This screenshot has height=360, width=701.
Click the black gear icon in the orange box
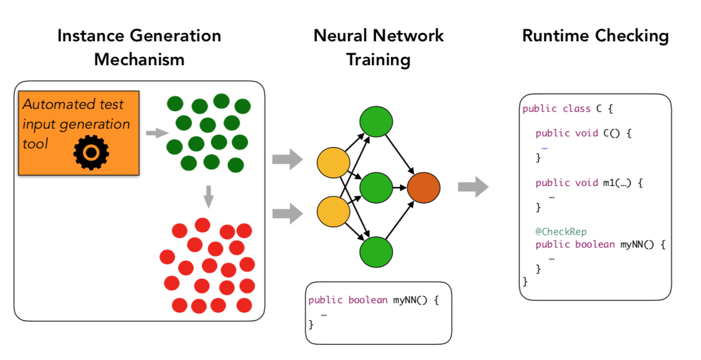[x=91, y=153]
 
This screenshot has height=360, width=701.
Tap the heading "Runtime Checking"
[x=596, y=36]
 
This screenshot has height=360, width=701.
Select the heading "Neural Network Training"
[x=378, y=47]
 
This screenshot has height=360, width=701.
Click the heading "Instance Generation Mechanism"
[x=139, y=47]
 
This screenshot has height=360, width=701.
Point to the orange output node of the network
[x=423, y=188]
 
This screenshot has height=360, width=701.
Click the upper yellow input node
[x=333, y=163]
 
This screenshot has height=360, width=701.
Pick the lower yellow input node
[x=333, y=212]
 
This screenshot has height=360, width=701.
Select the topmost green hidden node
[x=376, y=121]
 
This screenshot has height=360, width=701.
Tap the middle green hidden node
[x=376, y=187]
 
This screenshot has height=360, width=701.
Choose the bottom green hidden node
[x=376, y=252]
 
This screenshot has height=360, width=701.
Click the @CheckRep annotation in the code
[x=560, y=231]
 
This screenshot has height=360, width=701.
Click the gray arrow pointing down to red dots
[x=208, y=196]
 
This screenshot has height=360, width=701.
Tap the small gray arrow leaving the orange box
[x=157, y=132]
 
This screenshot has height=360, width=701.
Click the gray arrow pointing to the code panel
[x=473, y=187]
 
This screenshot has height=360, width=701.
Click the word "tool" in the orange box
[x=35, y=144]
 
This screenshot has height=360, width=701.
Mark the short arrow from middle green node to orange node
[x=400, y=188]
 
